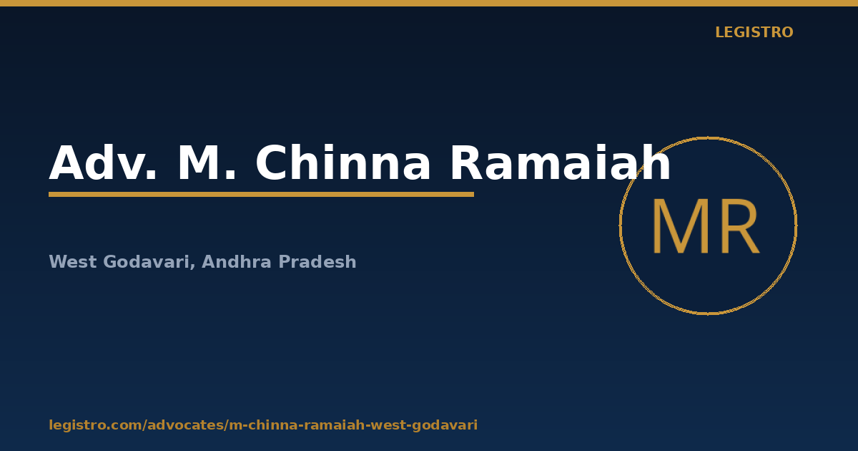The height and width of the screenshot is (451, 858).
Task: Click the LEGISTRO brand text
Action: (754, 32)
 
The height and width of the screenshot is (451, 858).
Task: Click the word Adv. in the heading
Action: (103, 163)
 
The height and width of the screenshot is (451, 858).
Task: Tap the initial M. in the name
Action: (207, 163)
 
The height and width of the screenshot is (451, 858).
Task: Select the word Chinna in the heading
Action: (342, 163)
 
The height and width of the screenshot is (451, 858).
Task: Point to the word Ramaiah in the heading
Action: (561, 163)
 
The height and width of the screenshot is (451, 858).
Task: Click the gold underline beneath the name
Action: (261, 195)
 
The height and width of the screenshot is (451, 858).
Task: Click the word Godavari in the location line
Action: (147, 262)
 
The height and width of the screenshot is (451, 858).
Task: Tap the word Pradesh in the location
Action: (317, 262)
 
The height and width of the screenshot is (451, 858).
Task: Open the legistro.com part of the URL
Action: (95, 425)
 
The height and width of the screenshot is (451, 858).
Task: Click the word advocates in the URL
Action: (185, 425)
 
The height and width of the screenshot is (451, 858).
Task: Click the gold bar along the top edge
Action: (429, 3)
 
